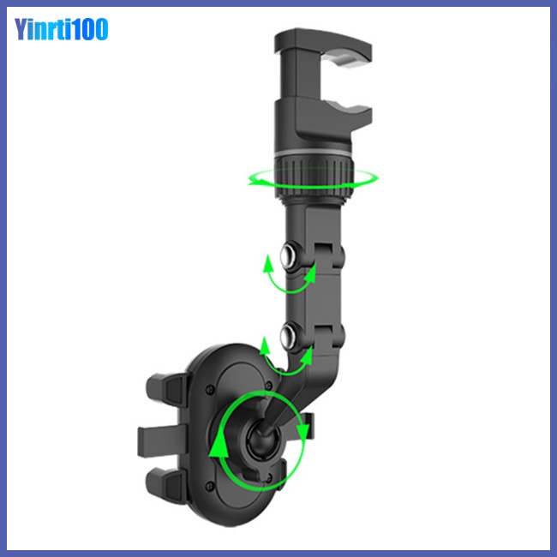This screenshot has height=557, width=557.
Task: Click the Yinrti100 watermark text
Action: (61, 29)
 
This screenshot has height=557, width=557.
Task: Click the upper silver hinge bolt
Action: (289, 255)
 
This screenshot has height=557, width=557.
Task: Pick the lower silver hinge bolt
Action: (289, 335)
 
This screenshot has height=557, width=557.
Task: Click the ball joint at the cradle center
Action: (263, 440)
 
